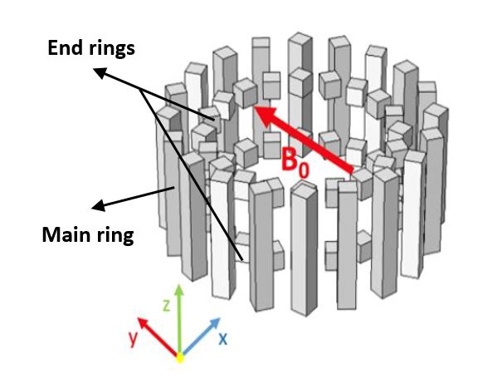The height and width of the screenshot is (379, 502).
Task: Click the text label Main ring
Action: [x=87, y=235]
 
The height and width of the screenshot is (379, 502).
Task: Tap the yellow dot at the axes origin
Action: [x=178, y=357]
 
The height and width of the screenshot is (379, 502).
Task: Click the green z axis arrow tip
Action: [x=178, y=288]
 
